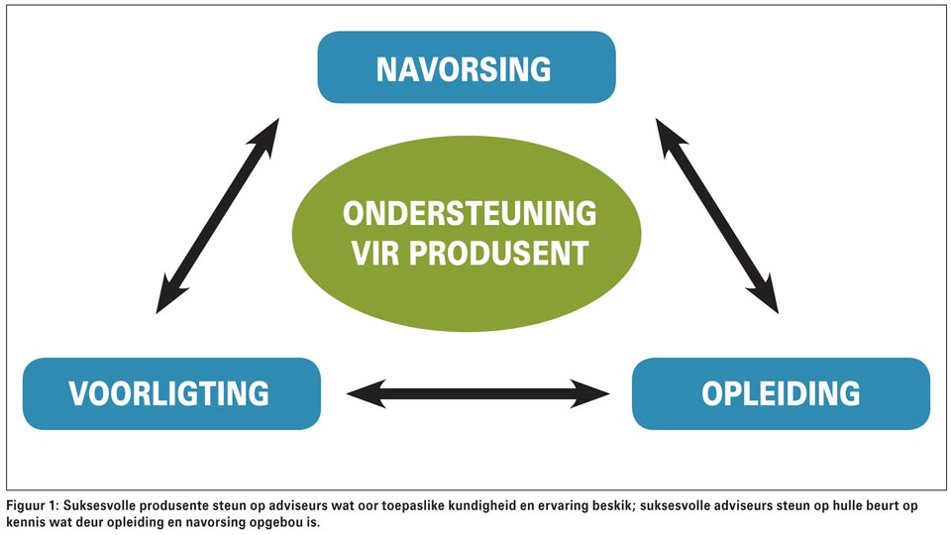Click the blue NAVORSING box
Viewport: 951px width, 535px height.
467,67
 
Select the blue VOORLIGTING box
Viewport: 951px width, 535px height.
171,393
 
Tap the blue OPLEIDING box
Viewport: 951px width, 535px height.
781,393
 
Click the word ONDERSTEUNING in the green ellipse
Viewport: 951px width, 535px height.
470,214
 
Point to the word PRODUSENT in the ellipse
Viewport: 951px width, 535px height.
498,253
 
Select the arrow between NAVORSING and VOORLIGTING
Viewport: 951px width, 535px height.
217,216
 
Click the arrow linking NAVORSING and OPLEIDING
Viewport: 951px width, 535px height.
717,216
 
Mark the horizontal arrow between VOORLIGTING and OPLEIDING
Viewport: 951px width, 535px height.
477,393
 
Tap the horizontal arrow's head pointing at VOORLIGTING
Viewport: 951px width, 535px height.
364,393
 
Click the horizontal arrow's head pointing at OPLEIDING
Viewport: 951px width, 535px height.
591,393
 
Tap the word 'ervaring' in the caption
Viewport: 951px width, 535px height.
551,506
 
